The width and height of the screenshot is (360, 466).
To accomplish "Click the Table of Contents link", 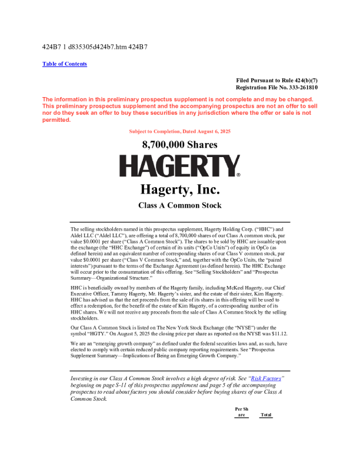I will point(65,64).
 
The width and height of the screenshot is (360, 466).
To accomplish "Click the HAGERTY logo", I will point(179,167).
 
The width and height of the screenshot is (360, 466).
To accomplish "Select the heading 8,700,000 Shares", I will point(179,145).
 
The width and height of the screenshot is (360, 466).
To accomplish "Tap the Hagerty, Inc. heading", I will point(179,190).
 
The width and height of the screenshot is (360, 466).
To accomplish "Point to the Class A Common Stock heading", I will point(179,205).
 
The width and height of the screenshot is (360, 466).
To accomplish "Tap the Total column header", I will point(266,415).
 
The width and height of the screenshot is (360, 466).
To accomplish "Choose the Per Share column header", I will point(241,412).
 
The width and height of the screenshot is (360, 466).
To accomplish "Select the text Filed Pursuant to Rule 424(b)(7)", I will point(276,80).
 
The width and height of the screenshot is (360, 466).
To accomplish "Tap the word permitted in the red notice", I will point(56,120).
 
